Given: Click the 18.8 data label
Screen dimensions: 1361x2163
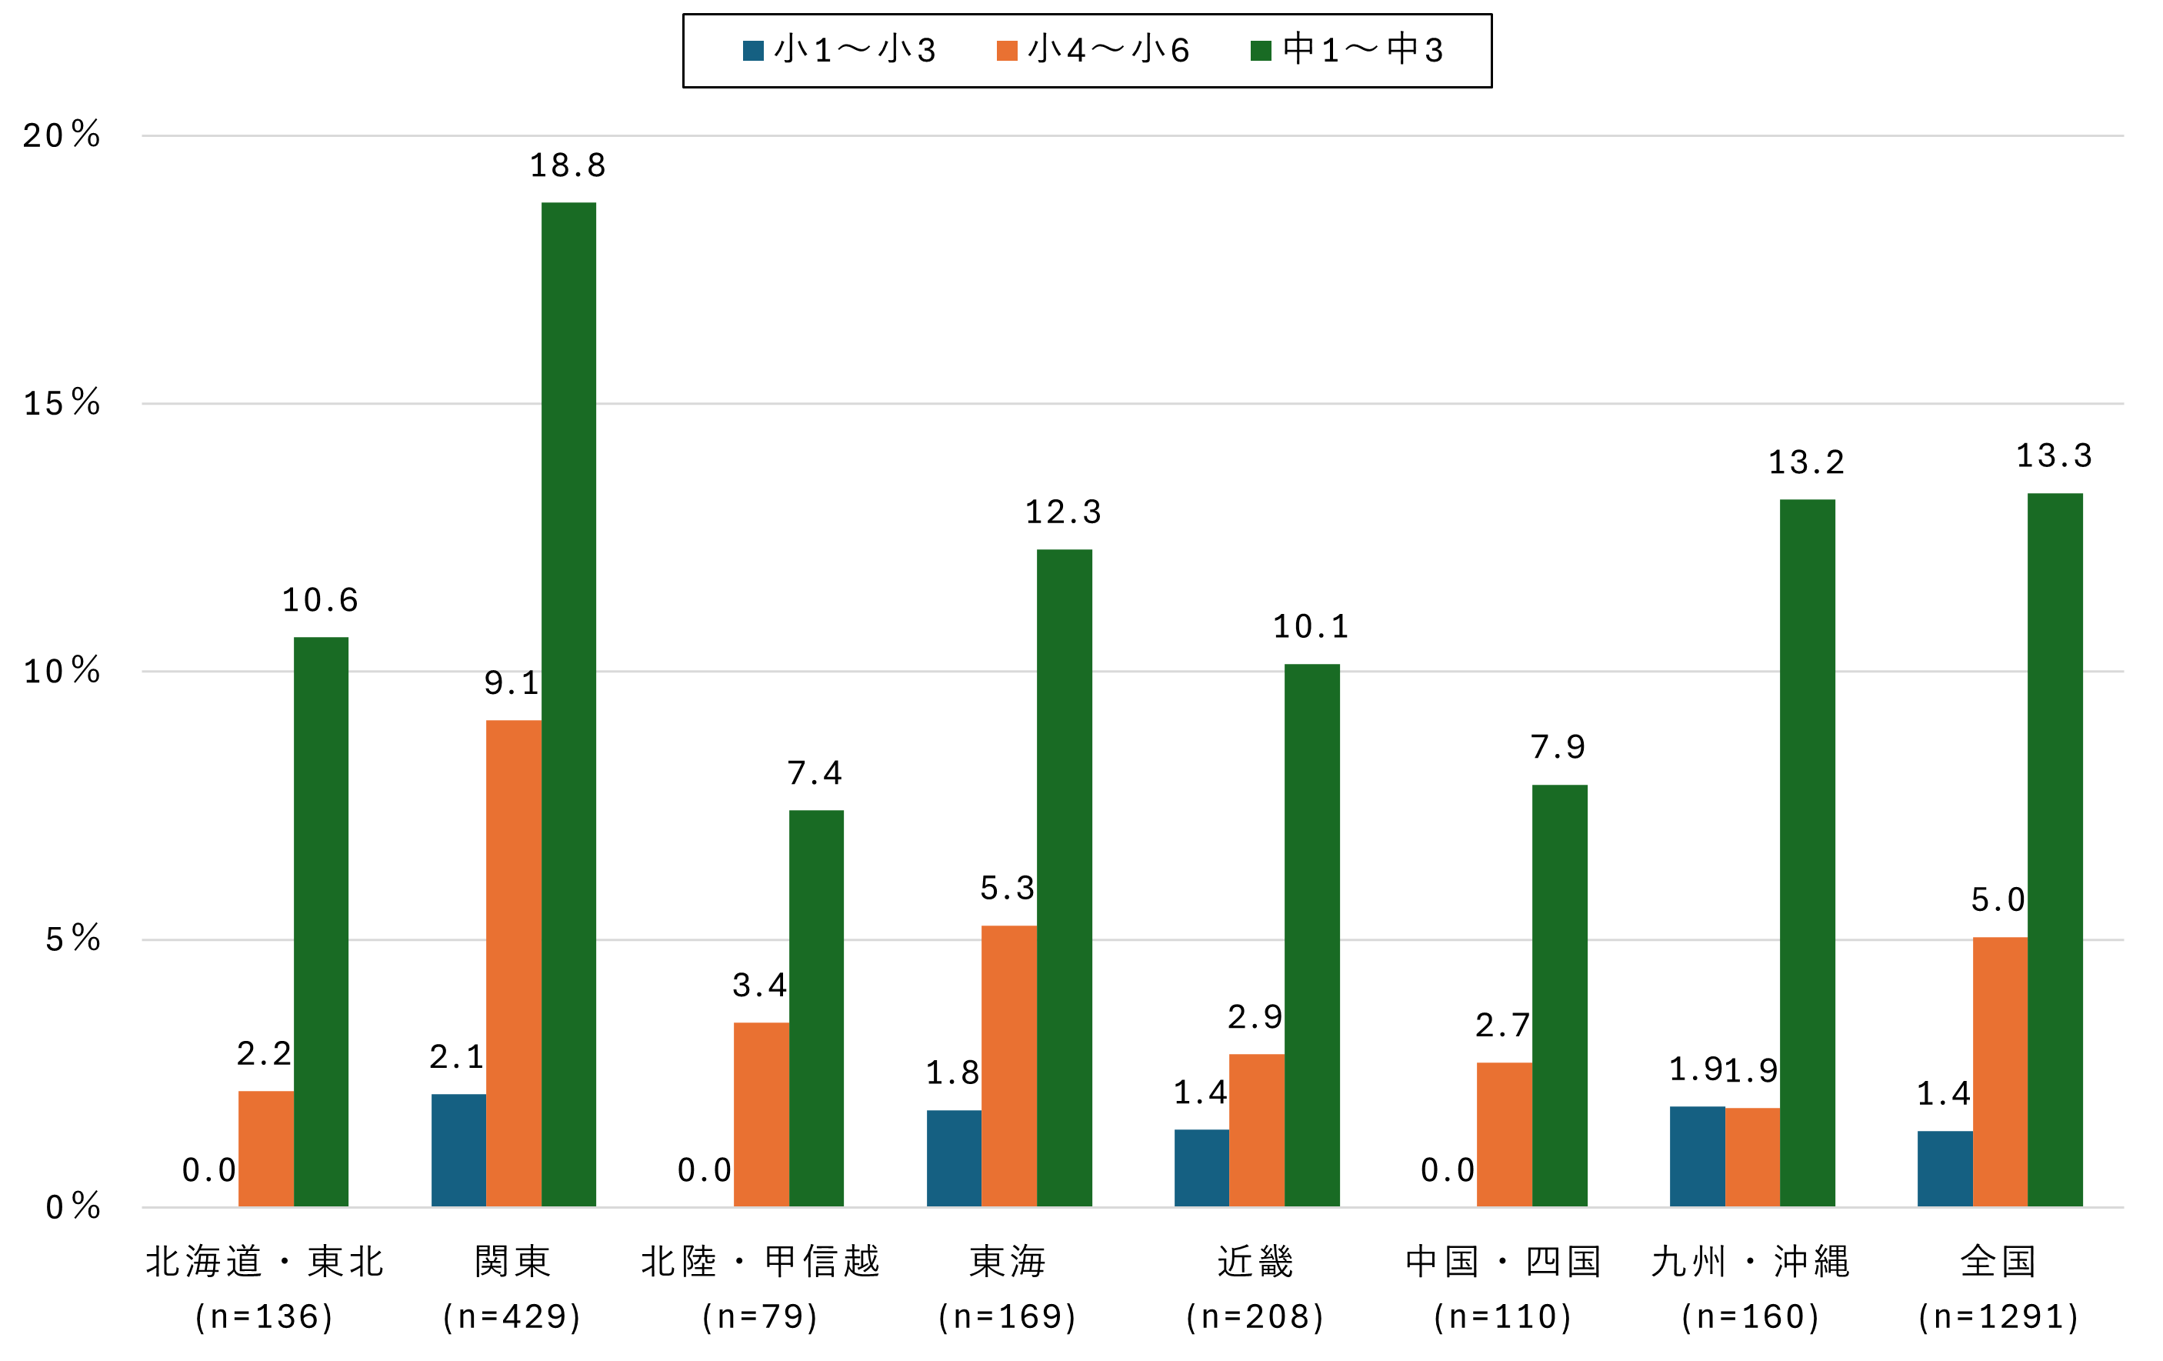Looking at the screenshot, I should [568, 165].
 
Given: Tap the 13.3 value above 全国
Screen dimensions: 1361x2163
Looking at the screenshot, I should [2055, 455].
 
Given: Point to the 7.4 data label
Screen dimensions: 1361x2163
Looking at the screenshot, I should [815, 772].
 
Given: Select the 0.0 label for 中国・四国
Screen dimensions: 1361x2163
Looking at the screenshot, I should [1447, 1169].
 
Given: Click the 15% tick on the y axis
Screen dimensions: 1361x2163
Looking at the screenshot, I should [61, 403].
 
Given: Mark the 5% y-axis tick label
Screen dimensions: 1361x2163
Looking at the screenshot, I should [72, 939].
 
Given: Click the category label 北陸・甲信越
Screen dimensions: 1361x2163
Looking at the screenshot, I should [760, 1261].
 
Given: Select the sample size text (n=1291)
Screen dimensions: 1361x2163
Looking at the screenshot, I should [1998, 1316].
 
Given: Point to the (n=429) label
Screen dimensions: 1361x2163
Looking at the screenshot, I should [512, 1316].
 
